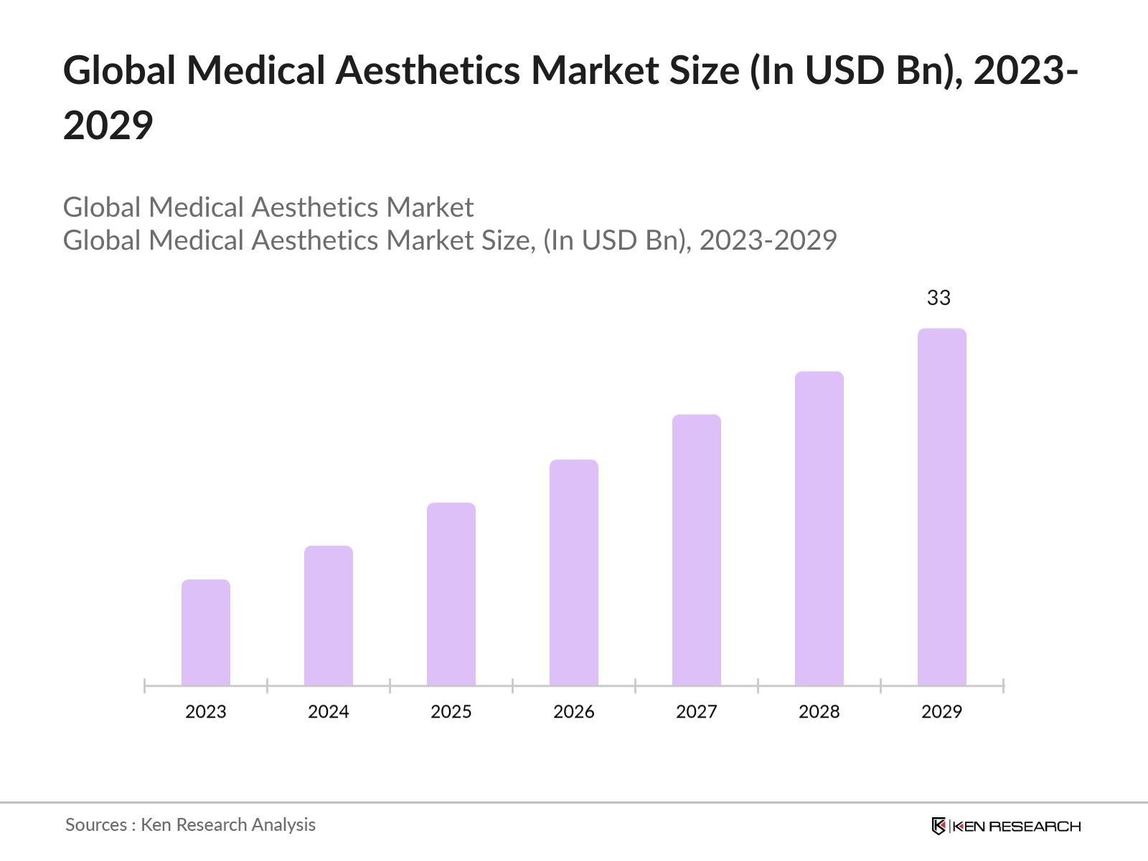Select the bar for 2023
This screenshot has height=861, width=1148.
pyautogui.click(x=206, y=632)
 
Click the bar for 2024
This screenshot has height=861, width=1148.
pyautogui.click(x=329, y=616)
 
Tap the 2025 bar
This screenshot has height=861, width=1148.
pyautogui.click(x=451, y=594)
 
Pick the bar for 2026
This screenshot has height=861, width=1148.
pyautogui.click(x=574, y=573)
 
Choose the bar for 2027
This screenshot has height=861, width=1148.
pyautogui.click(x=697, y=550)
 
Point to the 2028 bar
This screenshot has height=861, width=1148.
pyautogui.click(x=819, y=528)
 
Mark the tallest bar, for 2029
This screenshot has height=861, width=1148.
pyautogui.click(x=942, y=507)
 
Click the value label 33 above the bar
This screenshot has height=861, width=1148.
pyautogui.click(x=938, y=298)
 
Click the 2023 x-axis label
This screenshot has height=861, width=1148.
pyautogui.click(x=206, y=712)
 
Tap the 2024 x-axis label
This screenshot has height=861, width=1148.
pyautogui.click(x=329, y=712)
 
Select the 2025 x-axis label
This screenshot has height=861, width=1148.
pyautogui.click(x=451, y=712)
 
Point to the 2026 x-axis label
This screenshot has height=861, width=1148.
pyautogui.click(x=574, y=712)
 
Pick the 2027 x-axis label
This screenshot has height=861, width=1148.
pyautogui.click(x=697, y=712)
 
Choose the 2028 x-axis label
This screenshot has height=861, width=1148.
pyautogui.click(x=819, y=712)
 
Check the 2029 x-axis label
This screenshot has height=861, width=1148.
pyautogui.click(x=942, y=712)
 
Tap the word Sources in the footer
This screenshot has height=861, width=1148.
pyautogui.click(x=96, y=825)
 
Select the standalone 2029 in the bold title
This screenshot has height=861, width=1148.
pyautogui.click(x=108, y=126)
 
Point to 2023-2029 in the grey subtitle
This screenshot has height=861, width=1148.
pyautogui.click(x=768, y=240)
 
